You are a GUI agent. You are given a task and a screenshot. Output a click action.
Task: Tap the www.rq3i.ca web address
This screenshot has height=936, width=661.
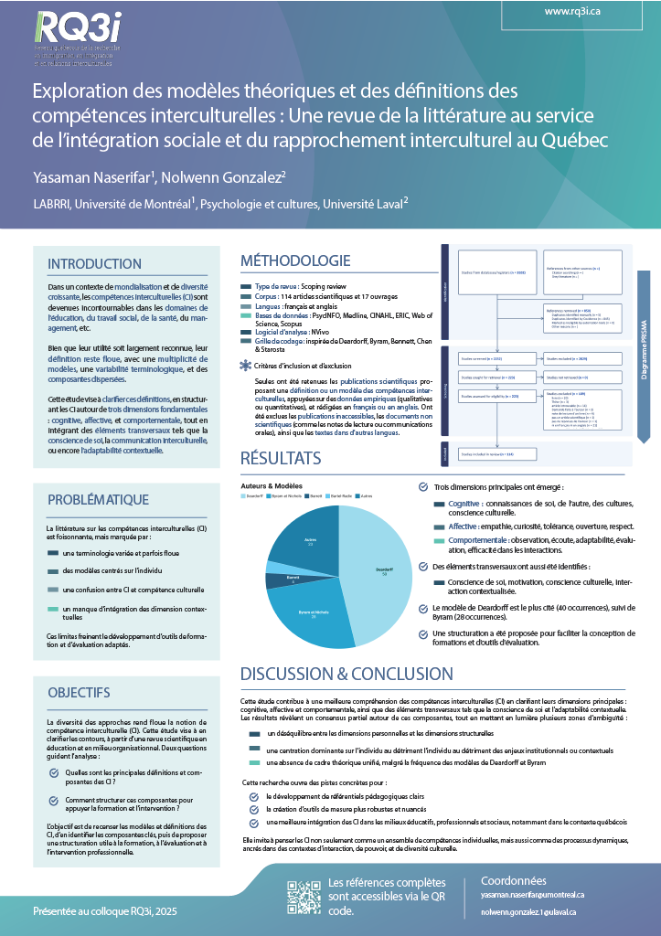571,12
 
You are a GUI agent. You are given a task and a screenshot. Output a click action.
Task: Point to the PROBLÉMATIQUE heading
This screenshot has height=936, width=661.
98,499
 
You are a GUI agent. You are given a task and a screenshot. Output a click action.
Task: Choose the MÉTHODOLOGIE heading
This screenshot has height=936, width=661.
295,261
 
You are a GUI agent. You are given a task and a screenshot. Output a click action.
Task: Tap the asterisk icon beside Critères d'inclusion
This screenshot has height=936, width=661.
245,366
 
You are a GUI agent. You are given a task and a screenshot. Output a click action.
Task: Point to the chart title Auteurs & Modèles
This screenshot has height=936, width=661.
272,484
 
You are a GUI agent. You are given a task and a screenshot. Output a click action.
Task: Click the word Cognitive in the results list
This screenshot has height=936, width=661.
465,504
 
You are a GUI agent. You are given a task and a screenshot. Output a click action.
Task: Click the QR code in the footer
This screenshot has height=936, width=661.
304,897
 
